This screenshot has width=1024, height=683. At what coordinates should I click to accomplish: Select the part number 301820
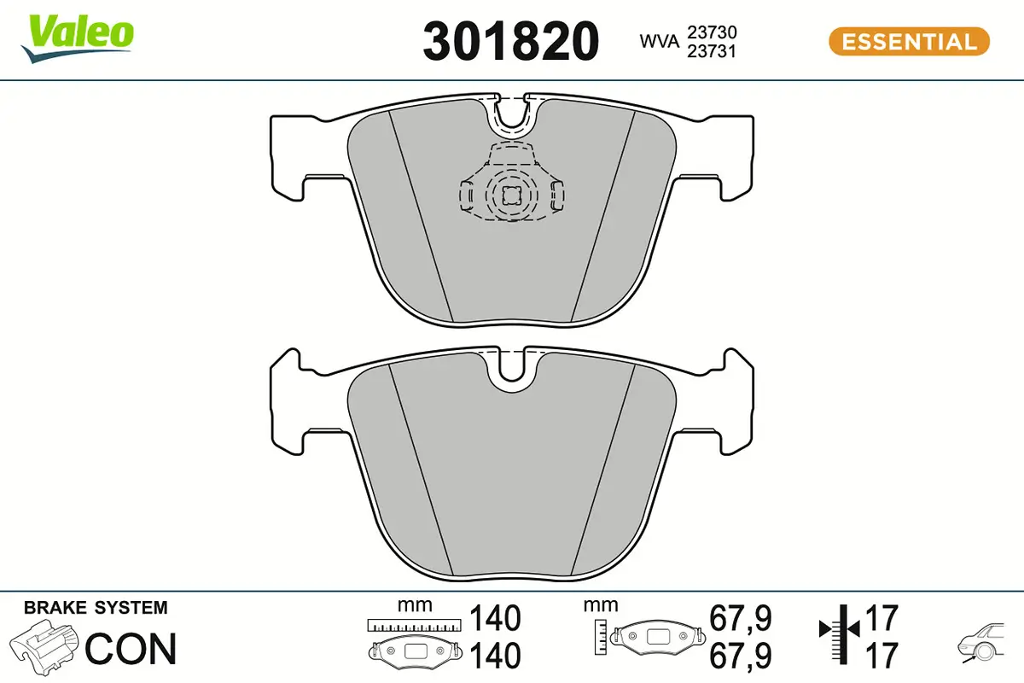pyautogui.click(x=511, y=41)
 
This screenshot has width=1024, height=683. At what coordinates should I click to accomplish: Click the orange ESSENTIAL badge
pyautogui.click(x=909, y=41)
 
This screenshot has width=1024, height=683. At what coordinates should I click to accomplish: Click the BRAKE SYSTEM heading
pyautogui.click(x=96, y=608)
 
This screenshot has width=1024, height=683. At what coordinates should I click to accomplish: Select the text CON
pyautogui.click(x=131, y=649)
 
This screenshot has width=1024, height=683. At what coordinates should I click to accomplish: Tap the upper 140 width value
pyautogui.click(x=495, y=617)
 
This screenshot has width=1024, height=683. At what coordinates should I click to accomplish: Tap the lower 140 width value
pyautogui.click(x=495, y=656)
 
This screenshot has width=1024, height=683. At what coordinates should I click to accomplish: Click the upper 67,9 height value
pyautogui.click(x=741, y=617)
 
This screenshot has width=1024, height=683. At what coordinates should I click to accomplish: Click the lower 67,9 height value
pyautogui.click(x=741, y=656)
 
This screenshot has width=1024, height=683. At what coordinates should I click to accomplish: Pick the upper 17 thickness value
pyautogui.click(x=881, y=617)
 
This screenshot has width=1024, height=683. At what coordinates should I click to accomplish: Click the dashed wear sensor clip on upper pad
pyautogui.click(x=510, y=188)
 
